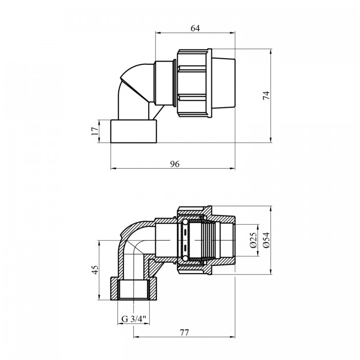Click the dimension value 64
(x=195, y=28)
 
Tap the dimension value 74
(x=266, y=95)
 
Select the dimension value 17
(x=95, y=131)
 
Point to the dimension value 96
(x=175, y=164)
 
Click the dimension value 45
(x=95, y=270)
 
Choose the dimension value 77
(x=184, y=332)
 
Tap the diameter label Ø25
(x=253, y=240)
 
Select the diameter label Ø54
(x=266, y=240)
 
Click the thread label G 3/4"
(x=134, y=319)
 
